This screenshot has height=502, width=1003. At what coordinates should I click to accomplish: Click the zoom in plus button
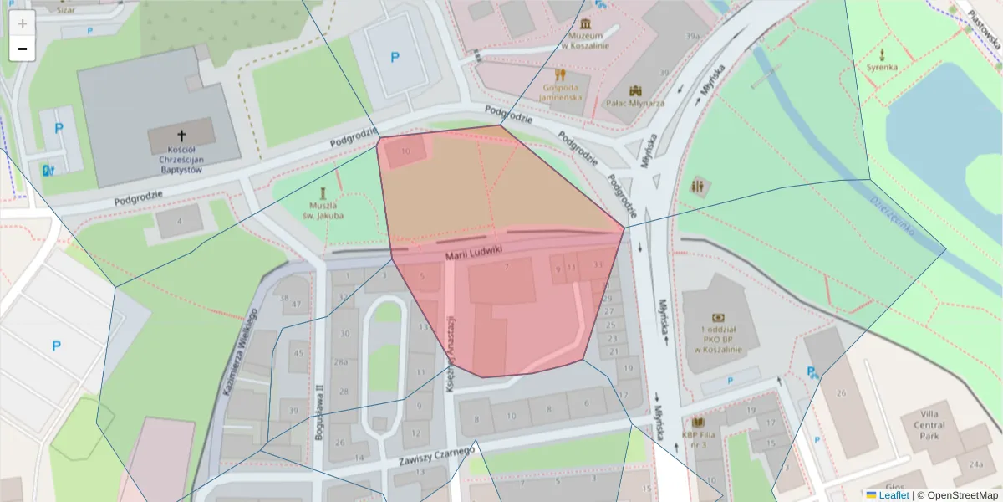click(23, 23)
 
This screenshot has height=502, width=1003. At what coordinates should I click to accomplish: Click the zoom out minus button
click(23, 49)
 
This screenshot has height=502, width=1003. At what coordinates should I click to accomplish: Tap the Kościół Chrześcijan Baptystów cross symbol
click(181, 135)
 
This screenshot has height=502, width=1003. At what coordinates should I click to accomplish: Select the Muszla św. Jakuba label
click(323, 210)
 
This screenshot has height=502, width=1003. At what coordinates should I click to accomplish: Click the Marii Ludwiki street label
click(473, 251)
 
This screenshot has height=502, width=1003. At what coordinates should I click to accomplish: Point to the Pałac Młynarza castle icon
click(635, 90)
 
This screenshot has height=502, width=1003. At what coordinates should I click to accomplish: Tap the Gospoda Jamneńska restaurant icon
click(560, 74)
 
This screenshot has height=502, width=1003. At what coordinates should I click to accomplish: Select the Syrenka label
click(882, 67)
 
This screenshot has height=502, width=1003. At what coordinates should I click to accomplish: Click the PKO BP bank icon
click(717, 318)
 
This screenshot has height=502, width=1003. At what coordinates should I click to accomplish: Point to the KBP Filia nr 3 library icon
click(699, 423)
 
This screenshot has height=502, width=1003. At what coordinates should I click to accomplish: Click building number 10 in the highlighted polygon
click(405, 151)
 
